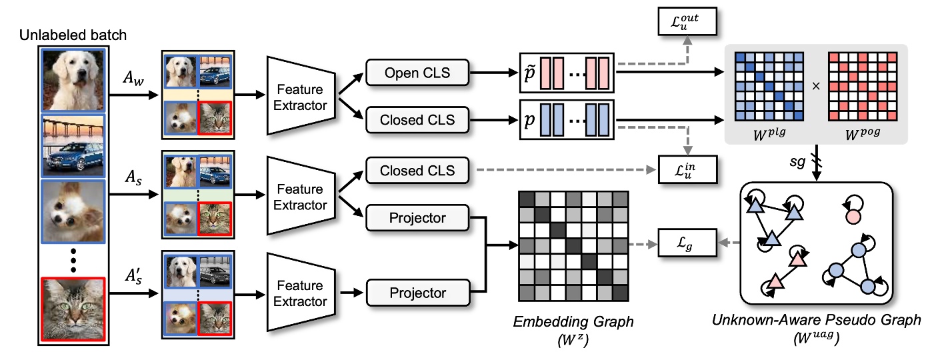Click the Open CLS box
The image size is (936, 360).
point(417,73)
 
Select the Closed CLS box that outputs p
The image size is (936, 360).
point(417,120)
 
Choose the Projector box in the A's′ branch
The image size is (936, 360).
point(417,293)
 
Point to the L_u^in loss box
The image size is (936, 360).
point(686,170)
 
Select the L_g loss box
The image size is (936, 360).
point(686,245)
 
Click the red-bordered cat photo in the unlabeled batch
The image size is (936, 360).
point(73,309)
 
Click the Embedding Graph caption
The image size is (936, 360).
point(573,322)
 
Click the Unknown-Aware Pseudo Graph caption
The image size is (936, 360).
point(816,320)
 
